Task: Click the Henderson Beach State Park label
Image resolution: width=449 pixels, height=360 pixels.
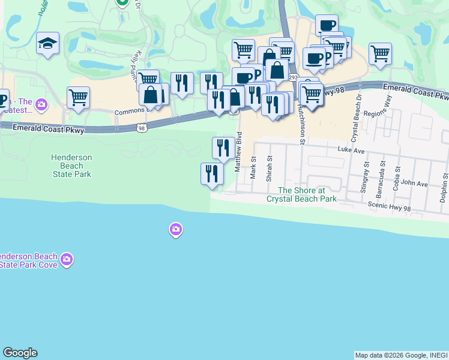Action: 71,166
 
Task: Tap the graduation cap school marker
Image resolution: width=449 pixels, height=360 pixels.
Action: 47,43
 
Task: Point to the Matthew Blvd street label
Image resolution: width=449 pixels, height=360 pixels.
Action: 238,152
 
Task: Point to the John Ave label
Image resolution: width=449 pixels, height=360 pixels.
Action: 414,184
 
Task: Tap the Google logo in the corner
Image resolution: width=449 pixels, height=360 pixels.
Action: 20,353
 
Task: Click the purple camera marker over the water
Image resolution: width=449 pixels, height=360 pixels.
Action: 175,229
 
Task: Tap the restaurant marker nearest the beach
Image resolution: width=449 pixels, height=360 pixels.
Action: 212,173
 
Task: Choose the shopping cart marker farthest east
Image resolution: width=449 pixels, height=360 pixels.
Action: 380,53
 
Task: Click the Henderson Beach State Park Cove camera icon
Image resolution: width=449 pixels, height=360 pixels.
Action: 67,260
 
